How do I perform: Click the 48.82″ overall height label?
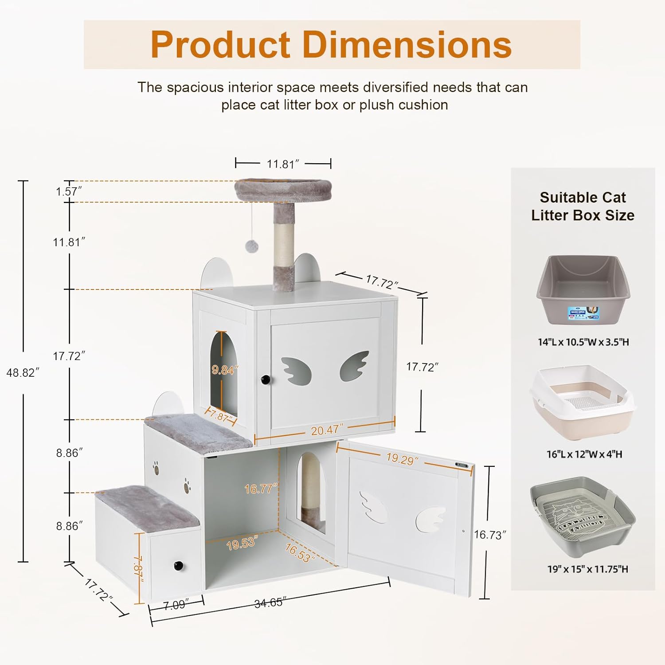coord(23,373)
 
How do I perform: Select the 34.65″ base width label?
coord(270,603)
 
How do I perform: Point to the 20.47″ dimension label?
coord(327,430)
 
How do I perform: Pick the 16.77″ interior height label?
coord(261,489)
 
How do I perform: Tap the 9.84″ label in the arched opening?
coord(225,370)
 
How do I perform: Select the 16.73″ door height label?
coord(490,535)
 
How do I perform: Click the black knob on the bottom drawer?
coord(178,566)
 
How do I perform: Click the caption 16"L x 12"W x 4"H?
coord(584,454)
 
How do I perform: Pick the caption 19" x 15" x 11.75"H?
coord(587,569)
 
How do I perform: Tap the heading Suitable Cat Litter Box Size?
coord(583,206)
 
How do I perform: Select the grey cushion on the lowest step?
coord(149,505)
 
